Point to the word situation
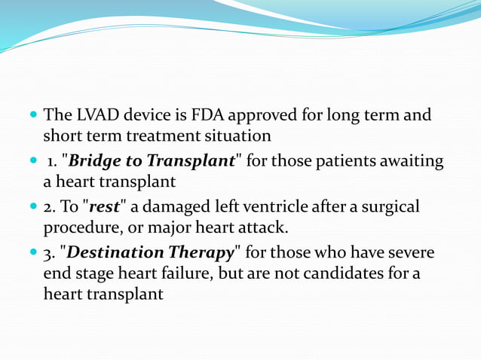pos(237,136)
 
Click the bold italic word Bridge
pos(97,161)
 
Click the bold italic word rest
pos(104,206)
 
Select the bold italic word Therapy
pos(203,252)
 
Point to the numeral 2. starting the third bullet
pos(50,206)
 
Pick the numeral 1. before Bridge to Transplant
pos(52,161)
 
